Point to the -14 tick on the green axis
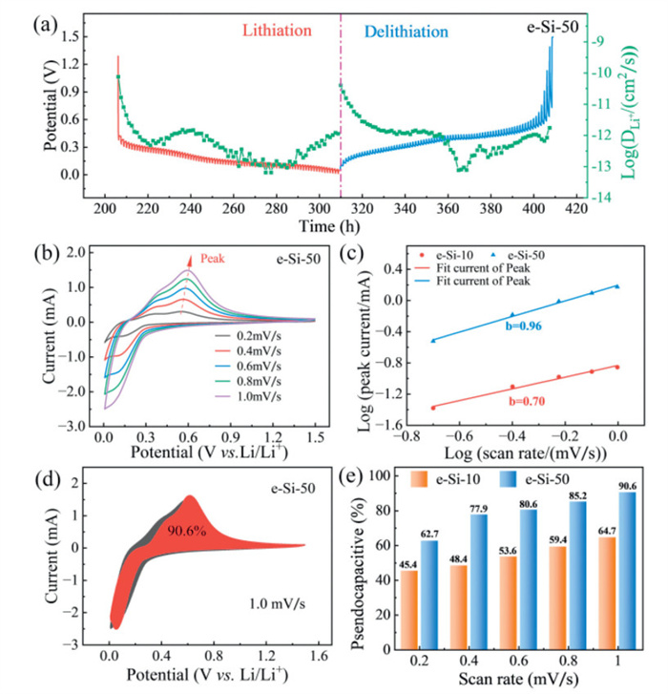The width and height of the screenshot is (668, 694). pos(608,198)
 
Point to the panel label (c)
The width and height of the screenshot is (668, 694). pos(370,256)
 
